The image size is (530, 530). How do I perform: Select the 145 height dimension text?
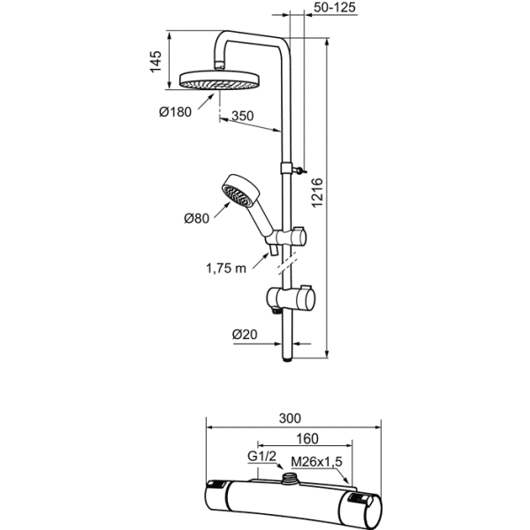click(155, 64)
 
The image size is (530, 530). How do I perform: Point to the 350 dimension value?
click(243, 116)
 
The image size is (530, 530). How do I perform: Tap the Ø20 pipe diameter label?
click(244, 335)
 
